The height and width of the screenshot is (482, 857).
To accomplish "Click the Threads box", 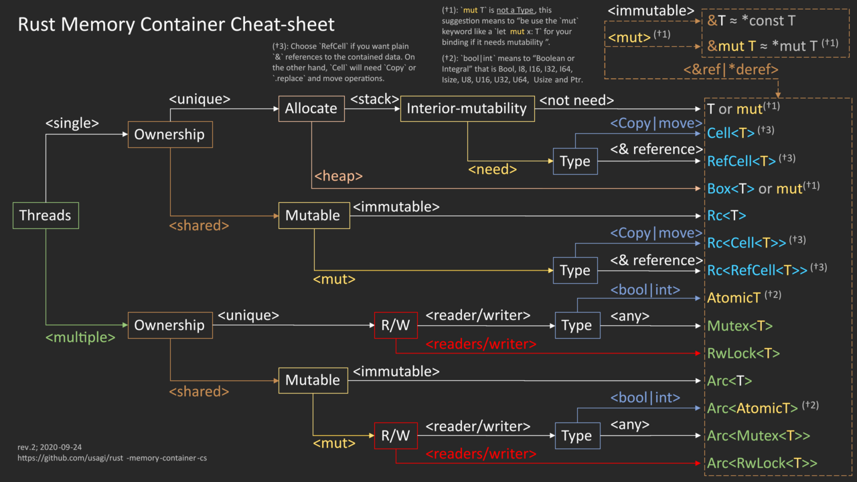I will tap(46, 216).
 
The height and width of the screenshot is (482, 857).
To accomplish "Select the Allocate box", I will tap(311, 108).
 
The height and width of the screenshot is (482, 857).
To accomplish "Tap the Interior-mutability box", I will tap(467, 108).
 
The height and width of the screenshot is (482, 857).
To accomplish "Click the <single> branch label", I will tap(72, 123).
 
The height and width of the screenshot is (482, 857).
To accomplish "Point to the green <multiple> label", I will tap(80, 337).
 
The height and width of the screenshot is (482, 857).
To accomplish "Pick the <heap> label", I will tap(338, 176).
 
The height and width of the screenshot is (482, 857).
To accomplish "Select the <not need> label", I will tap(576, 101).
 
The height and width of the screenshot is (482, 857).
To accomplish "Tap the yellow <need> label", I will tap(492, 169).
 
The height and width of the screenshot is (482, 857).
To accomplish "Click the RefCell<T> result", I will tap(741, 161).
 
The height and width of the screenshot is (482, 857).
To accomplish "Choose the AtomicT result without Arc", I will tap(734, 298).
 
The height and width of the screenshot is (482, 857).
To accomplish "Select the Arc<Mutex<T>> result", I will tap(758, 436).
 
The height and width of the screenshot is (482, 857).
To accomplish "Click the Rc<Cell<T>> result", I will tap(747, 242).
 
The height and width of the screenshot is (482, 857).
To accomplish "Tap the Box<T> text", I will tap(730, 189).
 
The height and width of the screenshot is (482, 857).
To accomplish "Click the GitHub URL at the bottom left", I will tap(117, 458).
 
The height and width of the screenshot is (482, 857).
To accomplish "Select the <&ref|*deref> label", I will tap(730, 69).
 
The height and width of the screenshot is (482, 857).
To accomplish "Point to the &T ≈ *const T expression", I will tap(751, 21).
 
